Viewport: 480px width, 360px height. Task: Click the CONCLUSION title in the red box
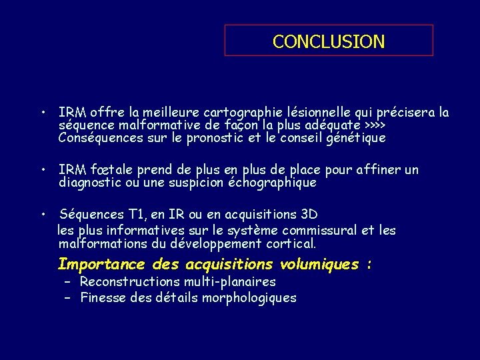click(329, 41)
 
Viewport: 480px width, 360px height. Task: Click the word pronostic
click(220, 138)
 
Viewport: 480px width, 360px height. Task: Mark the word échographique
click(272, 182)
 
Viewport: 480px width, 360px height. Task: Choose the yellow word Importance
click(101, 264)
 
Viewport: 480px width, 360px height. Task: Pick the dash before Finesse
click(67, 298)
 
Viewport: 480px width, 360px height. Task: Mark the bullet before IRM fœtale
click(42, 170)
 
